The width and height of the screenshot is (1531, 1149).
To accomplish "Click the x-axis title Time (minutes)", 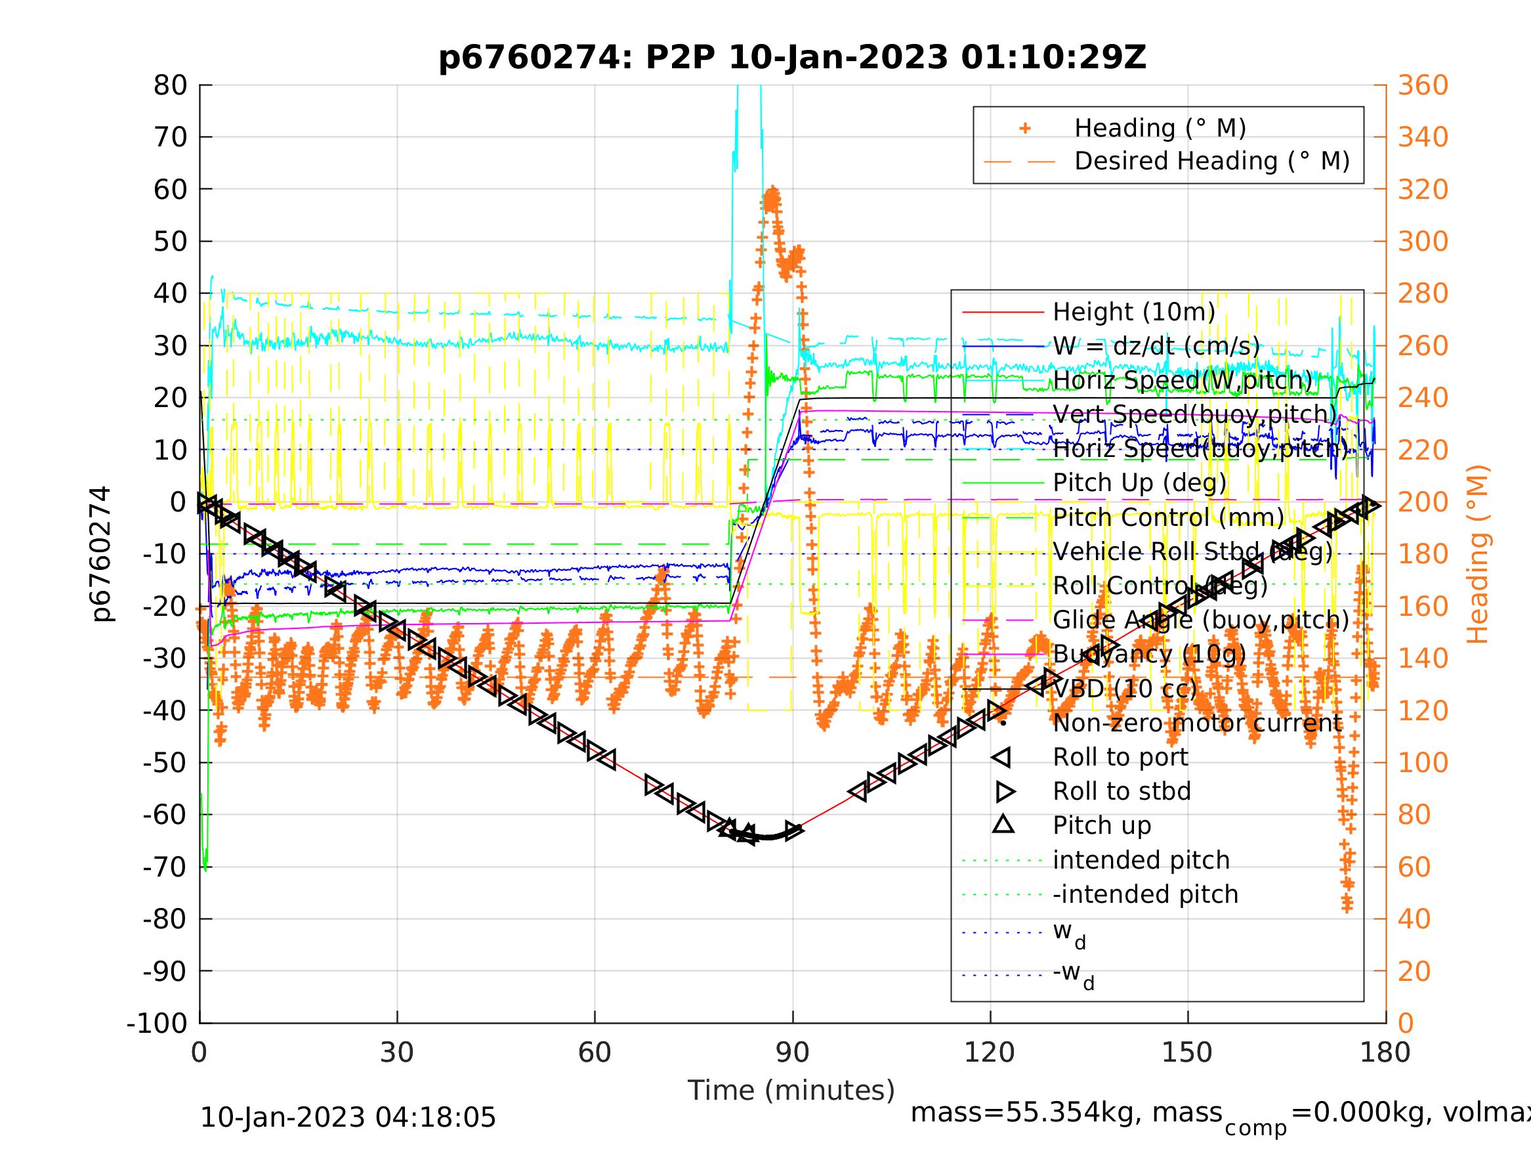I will pos(791,1090).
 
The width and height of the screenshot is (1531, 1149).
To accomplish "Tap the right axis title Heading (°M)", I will pos(1477,554).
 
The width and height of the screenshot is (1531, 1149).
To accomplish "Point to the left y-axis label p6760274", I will pos(101,554).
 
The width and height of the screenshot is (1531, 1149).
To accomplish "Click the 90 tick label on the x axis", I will pos(793,1052).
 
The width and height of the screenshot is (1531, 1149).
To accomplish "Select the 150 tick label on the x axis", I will pos(1187,1052).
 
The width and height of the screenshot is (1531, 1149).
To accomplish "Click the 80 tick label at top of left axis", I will pos(170,86).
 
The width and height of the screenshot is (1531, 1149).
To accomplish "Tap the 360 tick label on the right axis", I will pos(1423,86).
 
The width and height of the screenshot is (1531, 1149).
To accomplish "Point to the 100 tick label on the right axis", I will pos(1423,762).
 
